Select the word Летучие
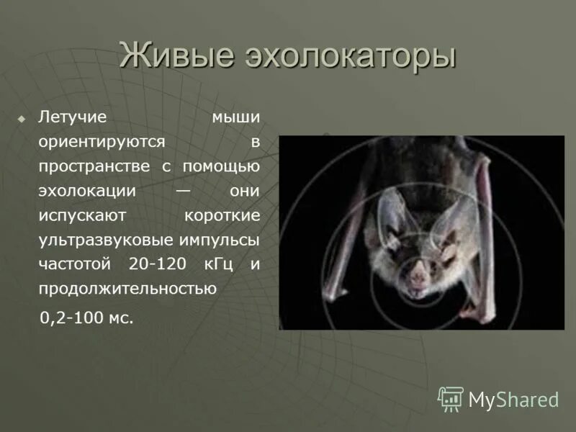[x=73, y=117]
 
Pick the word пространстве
[x=94, y=166]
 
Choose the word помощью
[x=221, y=166]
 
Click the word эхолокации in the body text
[x=87, y=191]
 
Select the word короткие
[x=222, y=215]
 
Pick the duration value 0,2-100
[x=69, y=318]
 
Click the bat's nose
[x=418, y=274]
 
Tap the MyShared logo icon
[x=451, y=398]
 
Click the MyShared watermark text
[x=513, y=399]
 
